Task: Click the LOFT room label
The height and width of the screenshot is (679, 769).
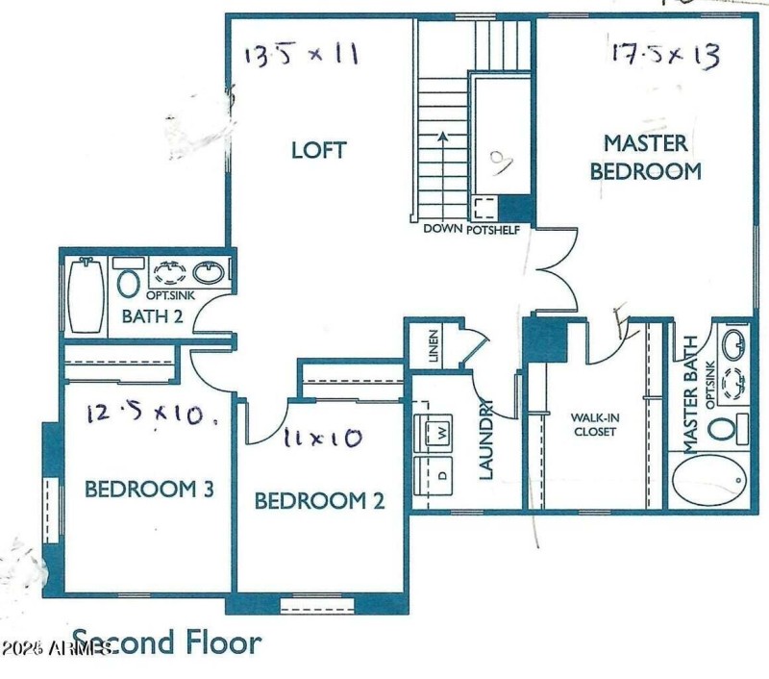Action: [x=318, y=151]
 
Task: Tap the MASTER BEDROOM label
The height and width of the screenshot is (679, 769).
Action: [x=645, y=158]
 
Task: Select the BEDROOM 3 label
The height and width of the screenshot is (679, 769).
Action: [x=149, y=490]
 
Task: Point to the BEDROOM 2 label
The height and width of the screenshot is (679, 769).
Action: [x=319, y=501]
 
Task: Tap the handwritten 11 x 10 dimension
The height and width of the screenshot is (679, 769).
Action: [x=323, y=440]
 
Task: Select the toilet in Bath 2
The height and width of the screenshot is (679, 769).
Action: [x=128, y=282]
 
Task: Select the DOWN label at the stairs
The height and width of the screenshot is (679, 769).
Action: [x=443, y=230]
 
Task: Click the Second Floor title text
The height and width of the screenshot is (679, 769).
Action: [x=165, y=641]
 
